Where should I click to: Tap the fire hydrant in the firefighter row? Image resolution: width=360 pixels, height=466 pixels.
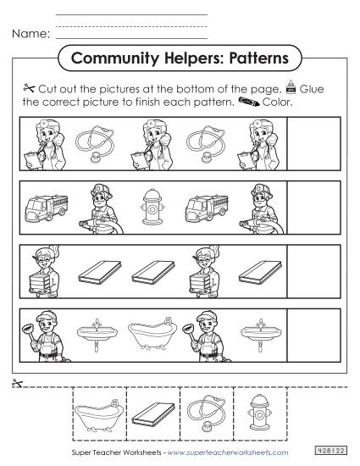[x=152, y=206]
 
